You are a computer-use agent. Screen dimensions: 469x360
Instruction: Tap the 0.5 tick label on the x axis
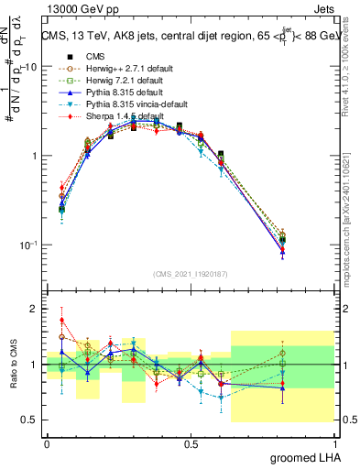[191, 443]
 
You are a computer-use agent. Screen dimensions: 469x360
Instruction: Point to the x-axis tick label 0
[47, 443]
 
